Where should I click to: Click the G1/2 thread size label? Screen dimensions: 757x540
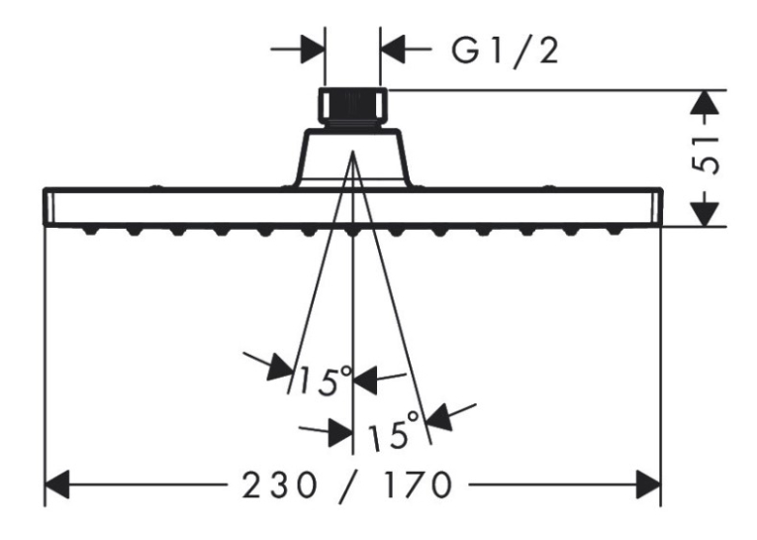505,52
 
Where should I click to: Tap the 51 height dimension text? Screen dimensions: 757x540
706,155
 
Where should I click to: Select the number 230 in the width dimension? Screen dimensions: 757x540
279,486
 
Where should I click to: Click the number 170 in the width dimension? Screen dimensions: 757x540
418,486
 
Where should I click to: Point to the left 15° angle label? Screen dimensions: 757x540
325,380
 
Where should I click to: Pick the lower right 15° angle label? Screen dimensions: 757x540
393,430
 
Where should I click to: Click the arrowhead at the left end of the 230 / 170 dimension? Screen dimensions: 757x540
56,484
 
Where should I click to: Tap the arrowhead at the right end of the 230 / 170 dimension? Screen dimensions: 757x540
648,484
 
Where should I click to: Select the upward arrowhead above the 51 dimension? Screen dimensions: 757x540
706,103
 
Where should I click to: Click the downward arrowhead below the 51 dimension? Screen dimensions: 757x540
706,214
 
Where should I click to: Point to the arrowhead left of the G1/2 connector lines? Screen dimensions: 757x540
313,49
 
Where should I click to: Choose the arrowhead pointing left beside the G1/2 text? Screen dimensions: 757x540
393,49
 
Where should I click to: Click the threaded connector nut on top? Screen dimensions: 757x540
353,107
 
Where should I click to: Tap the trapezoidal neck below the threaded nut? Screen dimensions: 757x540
353,157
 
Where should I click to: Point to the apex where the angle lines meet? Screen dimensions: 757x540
353,152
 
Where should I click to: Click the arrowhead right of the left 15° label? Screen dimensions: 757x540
365,379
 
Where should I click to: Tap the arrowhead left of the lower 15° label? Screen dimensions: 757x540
340,433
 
